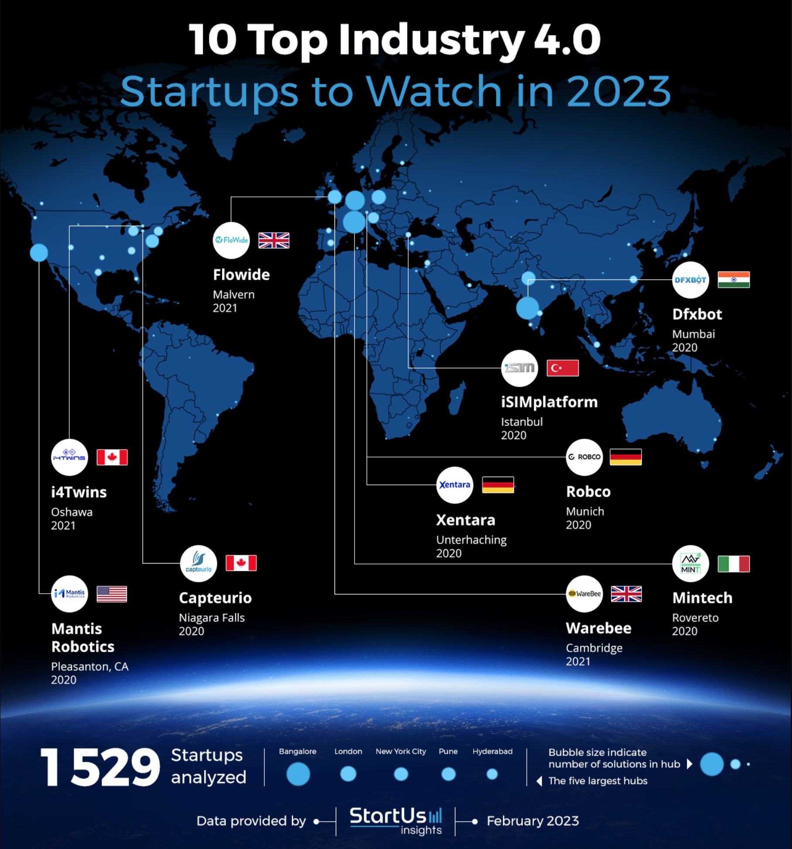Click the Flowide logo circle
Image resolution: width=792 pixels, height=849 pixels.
[231, 240]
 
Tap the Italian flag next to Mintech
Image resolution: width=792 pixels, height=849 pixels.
[734, 564]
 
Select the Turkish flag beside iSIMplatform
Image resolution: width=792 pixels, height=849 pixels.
[563, 368]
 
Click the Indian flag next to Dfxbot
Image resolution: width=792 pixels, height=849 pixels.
[734, 280]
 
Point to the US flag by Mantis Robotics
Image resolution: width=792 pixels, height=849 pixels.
[112, 594]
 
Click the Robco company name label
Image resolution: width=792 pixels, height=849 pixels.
[588, 492]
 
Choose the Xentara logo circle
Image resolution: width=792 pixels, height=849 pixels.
[454, 485]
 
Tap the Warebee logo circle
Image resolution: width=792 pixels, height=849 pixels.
[584, 594]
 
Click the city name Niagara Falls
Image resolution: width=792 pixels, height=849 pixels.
[212, 618]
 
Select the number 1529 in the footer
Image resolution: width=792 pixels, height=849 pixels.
[100, 767]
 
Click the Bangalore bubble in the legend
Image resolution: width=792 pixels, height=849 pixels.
[298, 774]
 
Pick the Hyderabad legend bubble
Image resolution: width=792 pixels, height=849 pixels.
[492, 774]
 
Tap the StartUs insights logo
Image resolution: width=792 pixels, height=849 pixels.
[396, 820]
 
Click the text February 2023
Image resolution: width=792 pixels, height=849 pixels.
[533, 821]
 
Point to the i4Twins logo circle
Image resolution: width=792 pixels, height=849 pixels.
[69, 457]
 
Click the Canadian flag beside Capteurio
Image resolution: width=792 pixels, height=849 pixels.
[241, 563]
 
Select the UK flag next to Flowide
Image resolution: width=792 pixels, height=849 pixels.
[273, 241]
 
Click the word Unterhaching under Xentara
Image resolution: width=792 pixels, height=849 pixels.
[471, 540]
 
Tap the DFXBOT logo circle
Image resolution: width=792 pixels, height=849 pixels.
[690, 280]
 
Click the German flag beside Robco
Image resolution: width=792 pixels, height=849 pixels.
[625, 457]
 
